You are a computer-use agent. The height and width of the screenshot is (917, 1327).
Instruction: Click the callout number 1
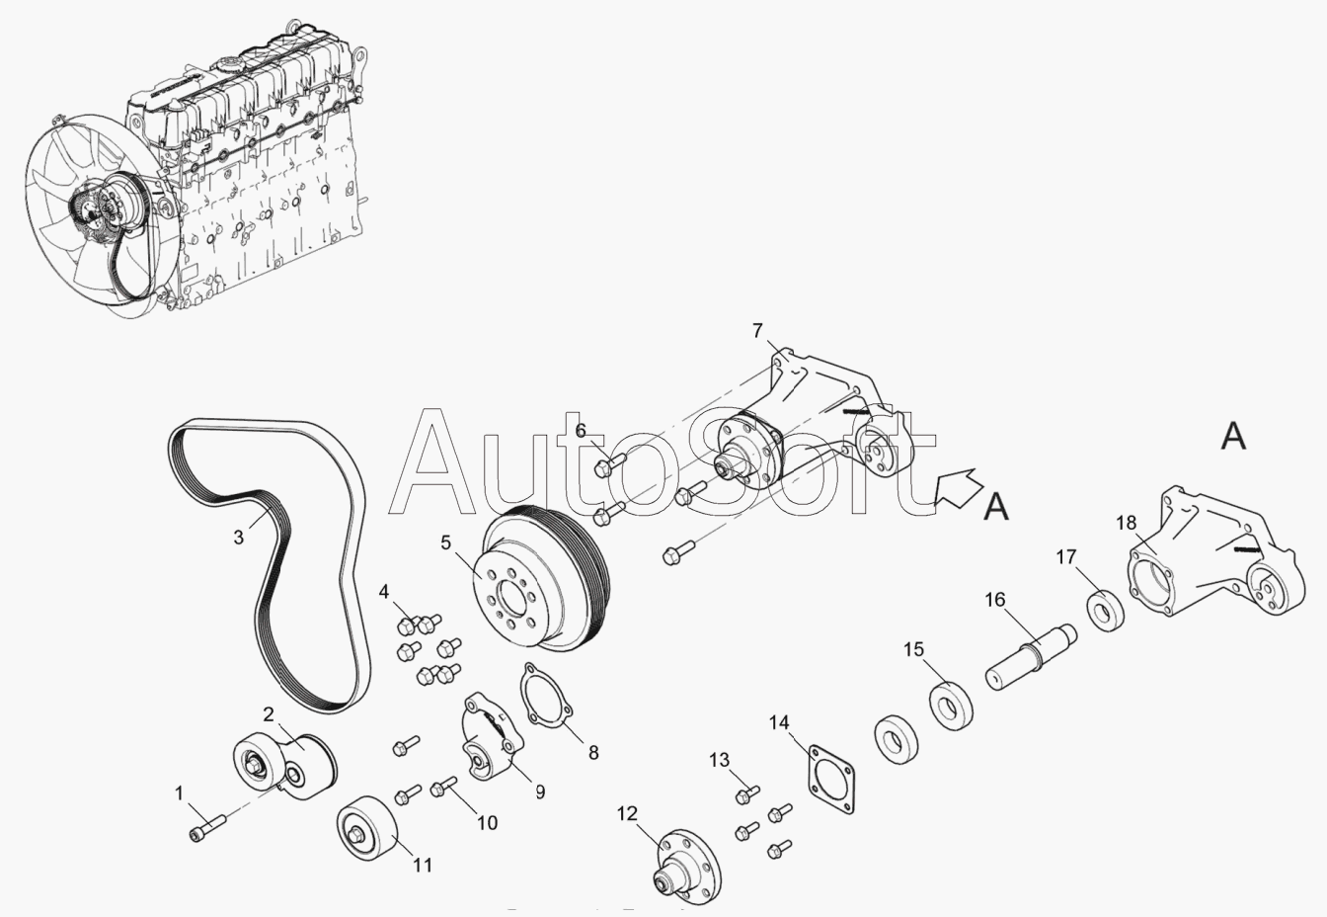pos(180,792)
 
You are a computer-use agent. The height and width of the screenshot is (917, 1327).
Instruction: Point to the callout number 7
pos(757,329)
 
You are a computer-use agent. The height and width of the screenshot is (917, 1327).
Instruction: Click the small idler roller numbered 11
pos(366,829)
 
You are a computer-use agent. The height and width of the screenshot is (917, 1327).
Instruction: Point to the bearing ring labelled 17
pos(1105,609)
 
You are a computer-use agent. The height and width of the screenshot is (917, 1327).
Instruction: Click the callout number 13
pos(720,760)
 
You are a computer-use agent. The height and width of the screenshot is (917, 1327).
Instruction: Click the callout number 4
pos(384,592)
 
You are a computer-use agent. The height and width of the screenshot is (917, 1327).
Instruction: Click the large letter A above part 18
pos(1233,435)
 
